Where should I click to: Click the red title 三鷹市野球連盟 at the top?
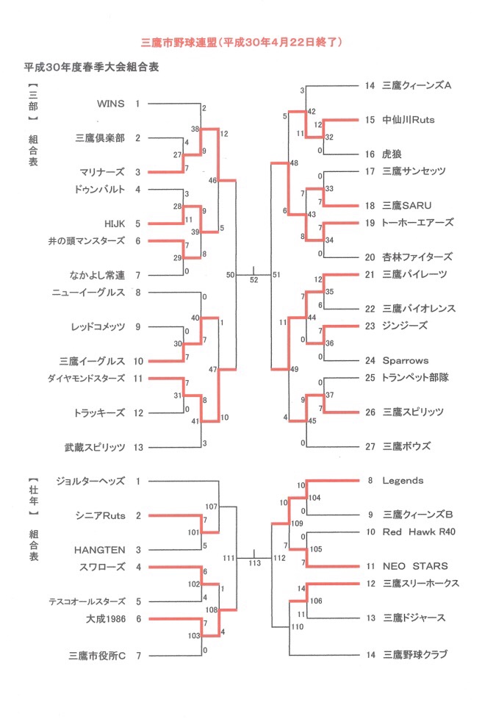[x=179, y=43]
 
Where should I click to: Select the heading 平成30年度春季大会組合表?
[x=92, y=67]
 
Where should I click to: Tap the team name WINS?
[x=111, y=104]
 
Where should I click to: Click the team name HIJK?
[x=115, y=223]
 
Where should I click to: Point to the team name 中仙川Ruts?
[x=409, y=120]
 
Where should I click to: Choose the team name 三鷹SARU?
[x=407, y=205]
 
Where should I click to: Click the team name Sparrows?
[x=406, y=360]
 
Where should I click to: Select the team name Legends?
[x=403, y=481]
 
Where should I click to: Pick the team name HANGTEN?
[x=99, y=550]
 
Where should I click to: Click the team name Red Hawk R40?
[x=419, y=532]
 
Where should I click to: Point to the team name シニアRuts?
[x=101, y=515]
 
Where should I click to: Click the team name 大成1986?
[x=106, y=618]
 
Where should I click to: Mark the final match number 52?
[x=253, y=279]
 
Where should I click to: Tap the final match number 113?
[x=255, y=563]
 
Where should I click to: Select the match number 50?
[x=231, y=275]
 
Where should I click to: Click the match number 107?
[x=211, y=507]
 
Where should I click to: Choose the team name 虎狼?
[x=392, y=154]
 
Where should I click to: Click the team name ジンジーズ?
[x=405, y=326]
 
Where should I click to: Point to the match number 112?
[x=279, y=558]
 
